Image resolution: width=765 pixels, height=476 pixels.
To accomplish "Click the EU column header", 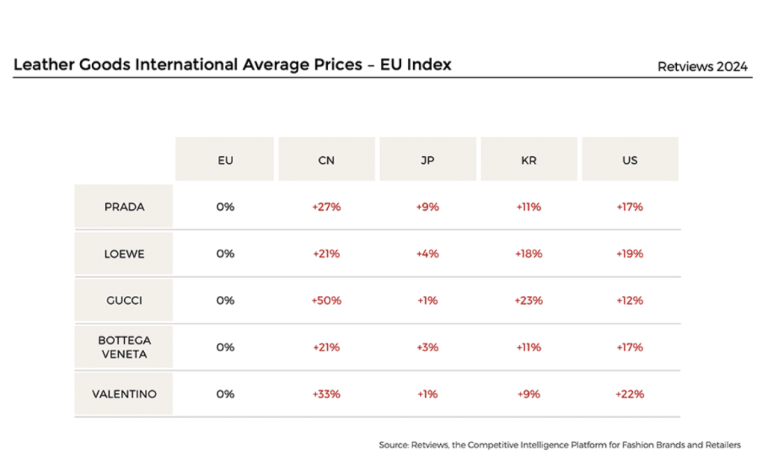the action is pyautogui.click(x=225, y=160).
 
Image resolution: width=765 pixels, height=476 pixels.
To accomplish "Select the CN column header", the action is pyautogui.click(x=326, y=160).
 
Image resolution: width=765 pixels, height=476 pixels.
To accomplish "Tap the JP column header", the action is pyautogui.click(x=428, y=160).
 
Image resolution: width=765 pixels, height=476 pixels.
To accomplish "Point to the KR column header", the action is pyautogui.click(x=529, y=160).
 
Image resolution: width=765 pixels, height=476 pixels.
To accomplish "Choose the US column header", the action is pyautogui.click(x=630, y=160).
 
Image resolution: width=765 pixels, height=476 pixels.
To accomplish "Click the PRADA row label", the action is pyautogui.click(x=125, y=206).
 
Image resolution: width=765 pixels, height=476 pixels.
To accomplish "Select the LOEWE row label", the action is pyautogui.click(x=125, y=254).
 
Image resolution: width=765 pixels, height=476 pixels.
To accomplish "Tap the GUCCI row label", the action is pyautogui.click(x=125, y=300).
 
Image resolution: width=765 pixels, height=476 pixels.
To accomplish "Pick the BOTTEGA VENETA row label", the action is pyautogui.click(x=125, y=347).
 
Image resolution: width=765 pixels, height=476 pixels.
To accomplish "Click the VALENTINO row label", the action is pyautogui.click(x=125, y=394).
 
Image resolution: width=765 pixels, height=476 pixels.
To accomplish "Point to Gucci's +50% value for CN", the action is pyautogui.click(x=326, y=300).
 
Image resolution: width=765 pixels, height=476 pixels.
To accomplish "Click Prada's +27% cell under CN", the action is pyautogui.click(x=326, y=206).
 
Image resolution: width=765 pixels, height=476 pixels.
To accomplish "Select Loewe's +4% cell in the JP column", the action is pyautogui.click(x=427, y=254).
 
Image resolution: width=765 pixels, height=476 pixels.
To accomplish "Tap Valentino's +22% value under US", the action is pyautogui.click(x=630, y=394).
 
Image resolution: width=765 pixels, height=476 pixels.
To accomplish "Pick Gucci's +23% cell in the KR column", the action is pyautogui.click(x=529, y=300).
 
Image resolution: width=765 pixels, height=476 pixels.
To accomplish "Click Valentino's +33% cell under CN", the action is pyautogui.click(x=326, y=394).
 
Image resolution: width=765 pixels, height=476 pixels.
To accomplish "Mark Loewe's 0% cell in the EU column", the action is pyautogui.click(x=226, y=254).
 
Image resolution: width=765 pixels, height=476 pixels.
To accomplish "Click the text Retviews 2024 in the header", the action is pyautogui.click(x=702, y=67).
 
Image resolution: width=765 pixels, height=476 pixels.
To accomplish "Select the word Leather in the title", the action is pyautogui.click(x=44, y=64).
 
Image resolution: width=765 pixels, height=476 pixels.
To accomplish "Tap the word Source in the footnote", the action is pyautogui.click(x=394, y=445).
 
